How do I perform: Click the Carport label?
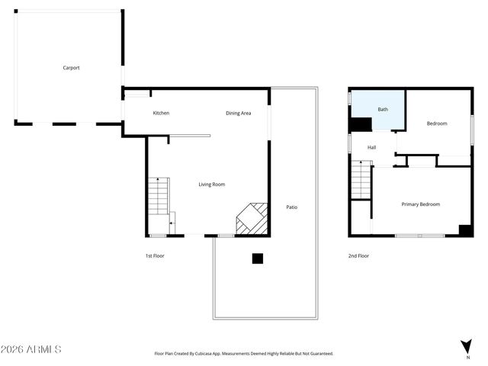coord(71,68)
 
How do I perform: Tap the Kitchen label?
coord(161,113)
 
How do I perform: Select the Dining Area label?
coord(238,113)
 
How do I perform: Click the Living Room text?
coord(211,184)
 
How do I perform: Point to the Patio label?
coord(291,207)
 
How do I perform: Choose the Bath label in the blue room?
coord(382,109)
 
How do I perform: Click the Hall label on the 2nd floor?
coord(371,147)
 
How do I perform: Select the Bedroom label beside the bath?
coord(436,123)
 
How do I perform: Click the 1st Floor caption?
coord(154,255)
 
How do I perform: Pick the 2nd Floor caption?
coord(358,255)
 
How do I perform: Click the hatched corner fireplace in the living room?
coord(252,218)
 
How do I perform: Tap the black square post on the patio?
coord(258,258)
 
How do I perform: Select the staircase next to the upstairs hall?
coord(360,181)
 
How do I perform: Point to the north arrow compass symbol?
coord(466,347)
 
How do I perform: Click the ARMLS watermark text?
coord(30,349)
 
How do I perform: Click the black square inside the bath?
coord(358,126)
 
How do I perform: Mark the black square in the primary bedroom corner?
coord(464,230)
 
